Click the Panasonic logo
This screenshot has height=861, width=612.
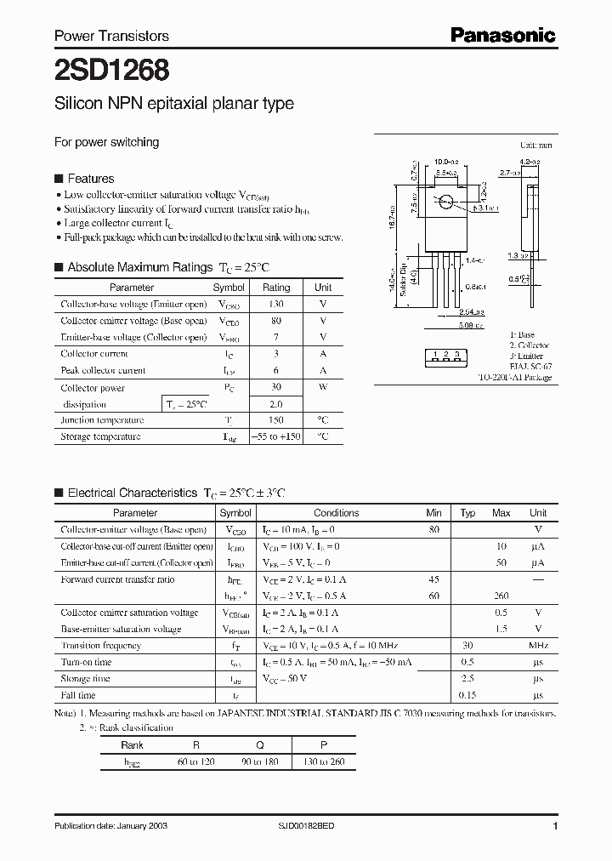501,35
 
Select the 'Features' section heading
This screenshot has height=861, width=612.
90,179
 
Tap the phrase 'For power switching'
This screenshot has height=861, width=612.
106,142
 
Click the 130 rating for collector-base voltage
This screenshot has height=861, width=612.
275,305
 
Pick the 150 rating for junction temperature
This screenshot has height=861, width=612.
275,420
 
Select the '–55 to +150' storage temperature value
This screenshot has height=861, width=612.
275,436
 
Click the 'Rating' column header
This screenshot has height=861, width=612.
275,288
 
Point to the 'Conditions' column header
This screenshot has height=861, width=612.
336,513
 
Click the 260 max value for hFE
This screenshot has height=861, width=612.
501,596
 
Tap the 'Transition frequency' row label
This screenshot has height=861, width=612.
101,646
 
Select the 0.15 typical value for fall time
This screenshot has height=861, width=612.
467,695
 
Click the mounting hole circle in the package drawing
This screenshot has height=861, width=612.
446,202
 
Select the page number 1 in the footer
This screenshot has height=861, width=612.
554,826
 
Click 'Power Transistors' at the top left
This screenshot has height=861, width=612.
111,36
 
